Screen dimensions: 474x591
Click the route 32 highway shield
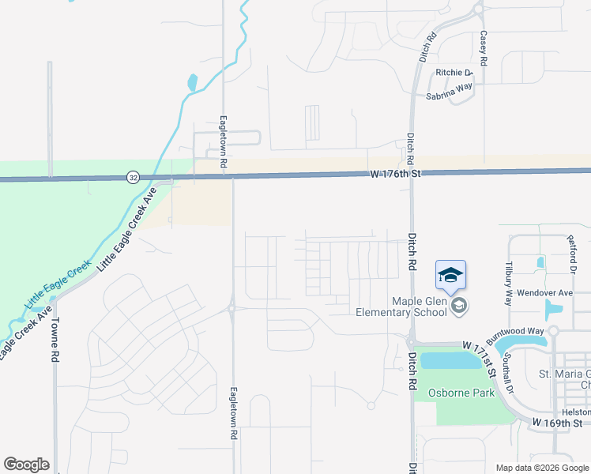[134, 179]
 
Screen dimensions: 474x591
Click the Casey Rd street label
[483, 48]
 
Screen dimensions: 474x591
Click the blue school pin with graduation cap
[450, 276]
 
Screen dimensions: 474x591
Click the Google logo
[26, 465]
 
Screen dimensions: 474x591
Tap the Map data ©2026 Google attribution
[543, 468]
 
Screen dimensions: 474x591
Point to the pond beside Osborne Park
[451, 361]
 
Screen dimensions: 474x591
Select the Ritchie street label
[454, 73]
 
